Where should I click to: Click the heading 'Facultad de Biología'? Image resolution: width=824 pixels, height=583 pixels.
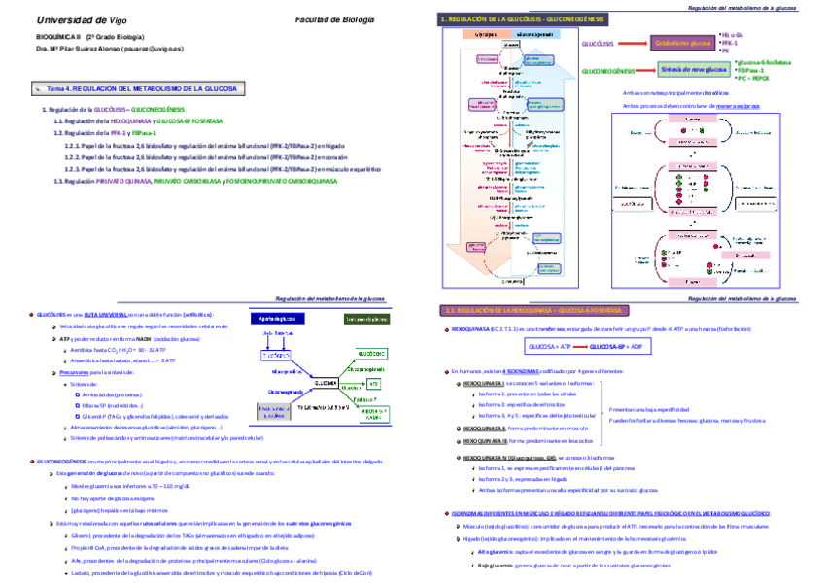[x=334, y=19]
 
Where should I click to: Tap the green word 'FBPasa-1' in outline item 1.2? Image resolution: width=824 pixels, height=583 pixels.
[x=147, y=132]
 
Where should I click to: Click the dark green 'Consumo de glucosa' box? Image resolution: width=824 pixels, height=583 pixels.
[x=366, y=319]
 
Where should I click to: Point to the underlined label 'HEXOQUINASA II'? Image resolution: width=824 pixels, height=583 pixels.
[x=484, y=427]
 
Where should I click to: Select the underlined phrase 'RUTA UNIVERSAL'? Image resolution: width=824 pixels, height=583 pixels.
[x=103, y=315]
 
